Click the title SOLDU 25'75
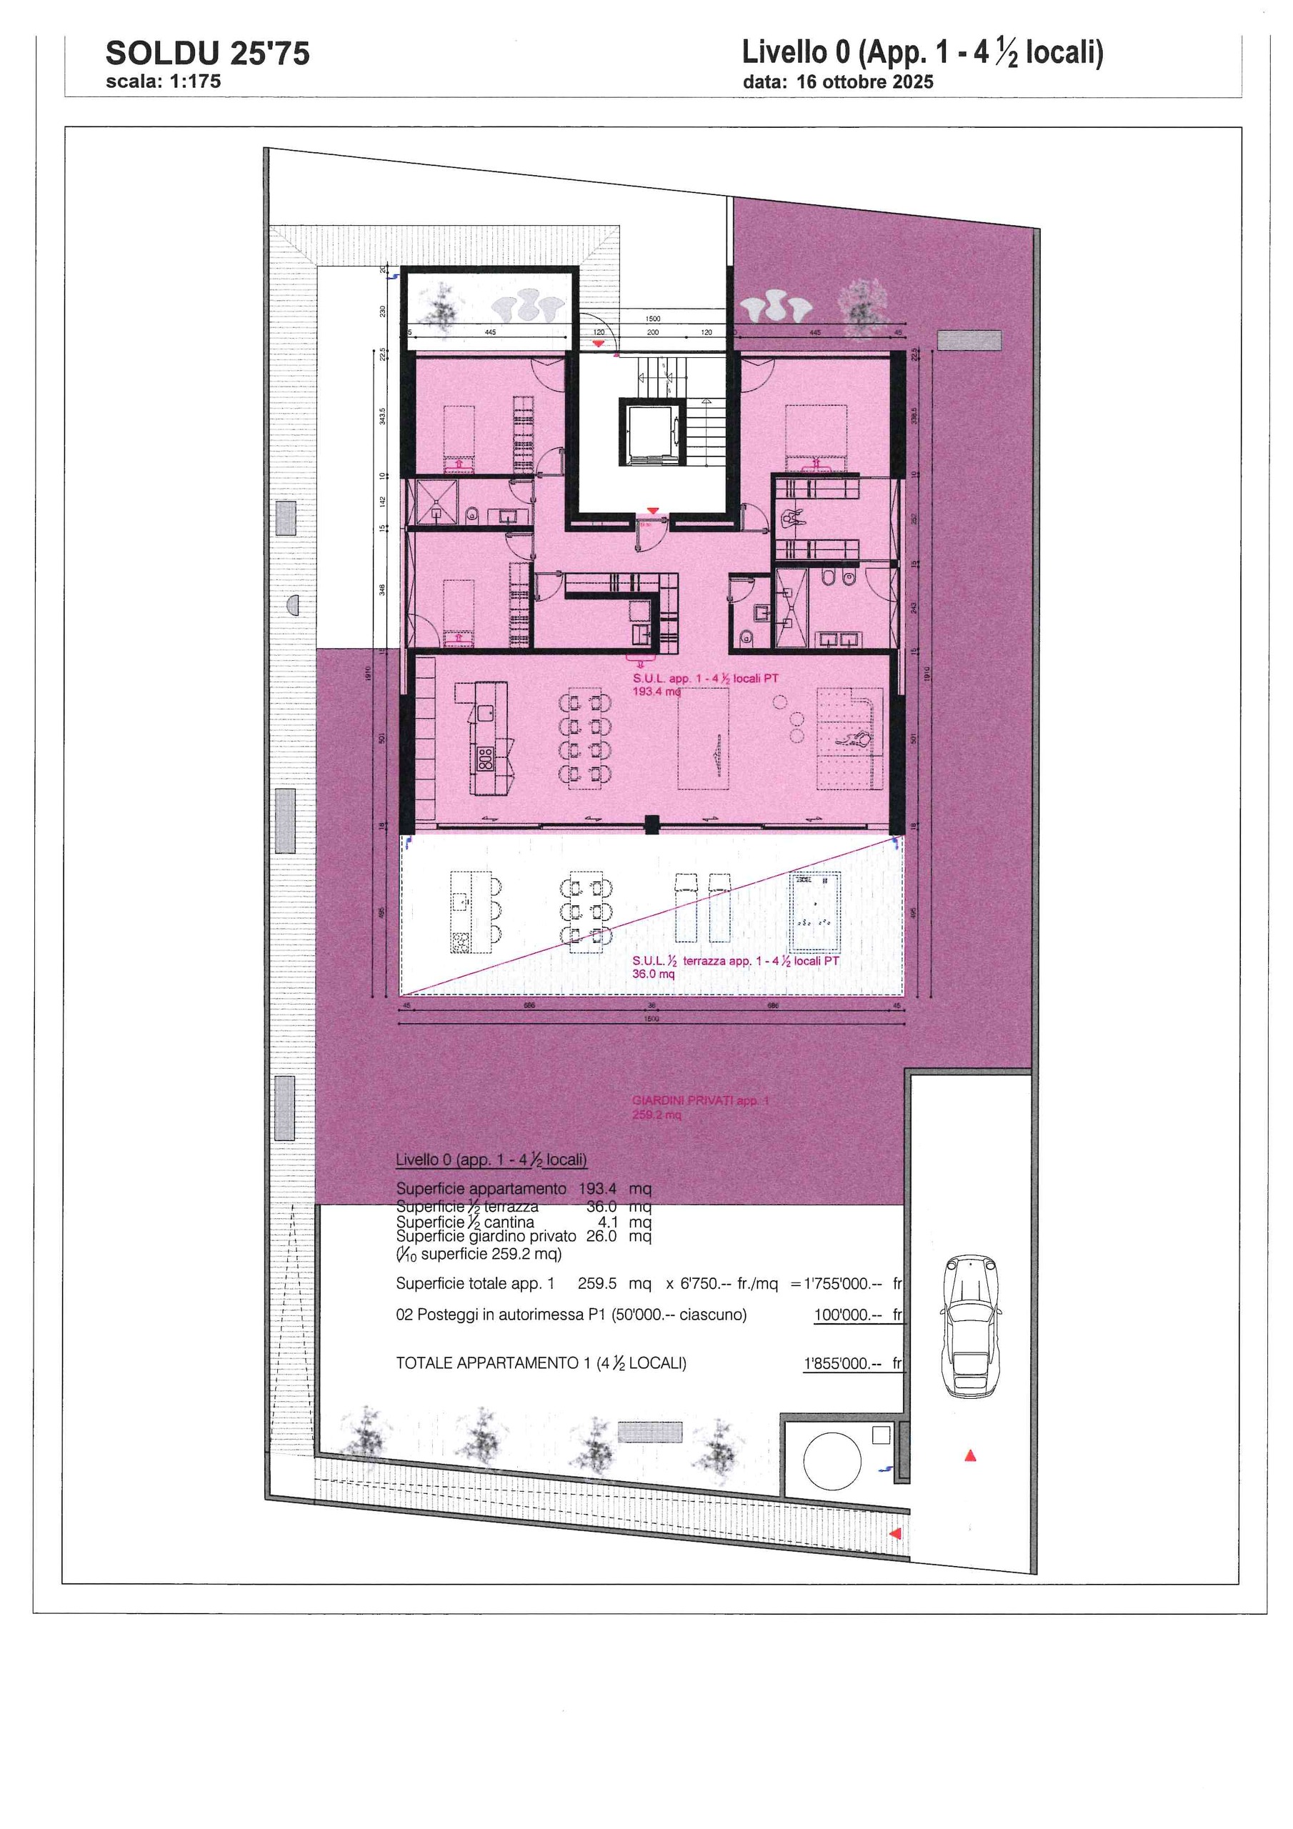tap(207, 54)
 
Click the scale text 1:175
tap(194, 81)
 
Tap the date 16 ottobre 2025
tap(864, 82)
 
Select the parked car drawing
tap(970, 1325)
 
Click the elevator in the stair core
tap(652, 434)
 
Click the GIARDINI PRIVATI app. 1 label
tap(700, 1101)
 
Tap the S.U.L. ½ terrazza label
tap(735, 962)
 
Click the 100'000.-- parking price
tap(847, 1315)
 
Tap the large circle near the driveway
tap(832, 1462)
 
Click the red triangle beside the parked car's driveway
tap(970, 1456)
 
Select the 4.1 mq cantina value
tap(608, 1222)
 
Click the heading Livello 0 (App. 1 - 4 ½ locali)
tap(922, 54)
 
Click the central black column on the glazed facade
tap(652, 824)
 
